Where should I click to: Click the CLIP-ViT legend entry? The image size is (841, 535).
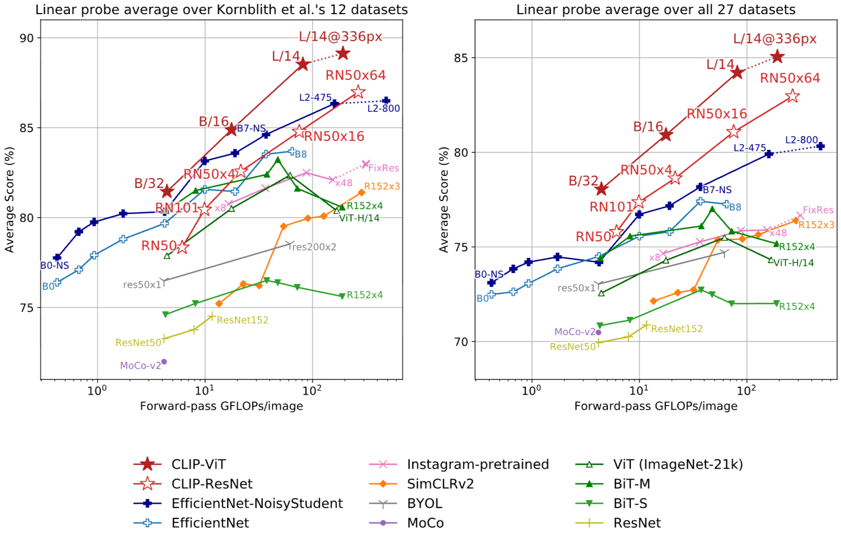[198, 464]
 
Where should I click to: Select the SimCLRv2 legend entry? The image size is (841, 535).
[440, 484]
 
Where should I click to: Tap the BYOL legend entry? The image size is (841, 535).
[424, 503]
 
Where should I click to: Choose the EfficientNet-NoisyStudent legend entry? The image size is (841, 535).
[257, 503]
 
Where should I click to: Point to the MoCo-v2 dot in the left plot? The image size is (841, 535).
[164, 362]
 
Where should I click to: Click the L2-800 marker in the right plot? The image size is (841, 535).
[821, 146]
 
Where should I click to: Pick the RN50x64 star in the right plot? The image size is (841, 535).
[792, 96]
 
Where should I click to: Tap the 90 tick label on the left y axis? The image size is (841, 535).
[27, 38]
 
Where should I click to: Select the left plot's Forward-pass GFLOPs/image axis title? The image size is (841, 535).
[221, 406]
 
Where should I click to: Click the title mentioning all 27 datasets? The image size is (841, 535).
[656, 9]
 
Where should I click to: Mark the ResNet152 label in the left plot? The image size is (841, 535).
[242, 320]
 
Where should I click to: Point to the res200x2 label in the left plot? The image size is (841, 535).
[313, 247]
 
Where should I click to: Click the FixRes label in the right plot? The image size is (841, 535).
[818, 210]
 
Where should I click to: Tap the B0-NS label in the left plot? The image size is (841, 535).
[54, 266]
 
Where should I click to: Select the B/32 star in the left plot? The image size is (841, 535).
[167, 192]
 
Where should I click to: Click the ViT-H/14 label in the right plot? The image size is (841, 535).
[793, 263]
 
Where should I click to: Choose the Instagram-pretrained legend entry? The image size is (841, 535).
[477, 464]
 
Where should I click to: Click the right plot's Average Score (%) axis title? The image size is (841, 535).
[444, 199]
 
